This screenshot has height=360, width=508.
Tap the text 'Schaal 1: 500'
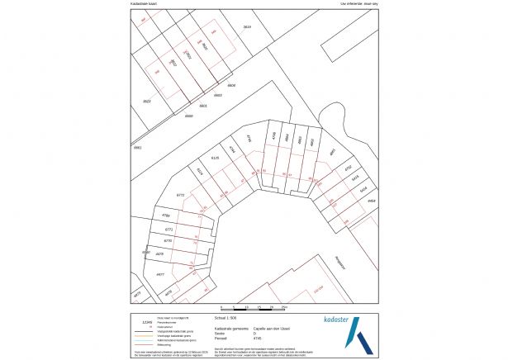click(226, 316)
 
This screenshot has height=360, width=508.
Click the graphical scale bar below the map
click(249, 309)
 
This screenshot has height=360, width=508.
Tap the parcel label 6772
click(181, 196)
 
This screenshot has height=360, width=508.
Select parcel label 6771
click(169, 229)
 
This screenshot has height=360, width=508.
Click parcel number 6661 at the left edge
click(138, 147)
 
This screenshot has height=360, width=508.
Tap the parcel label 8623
click(147, 101)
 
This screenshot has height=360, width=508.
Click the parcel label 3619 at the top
click(246, 27)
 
